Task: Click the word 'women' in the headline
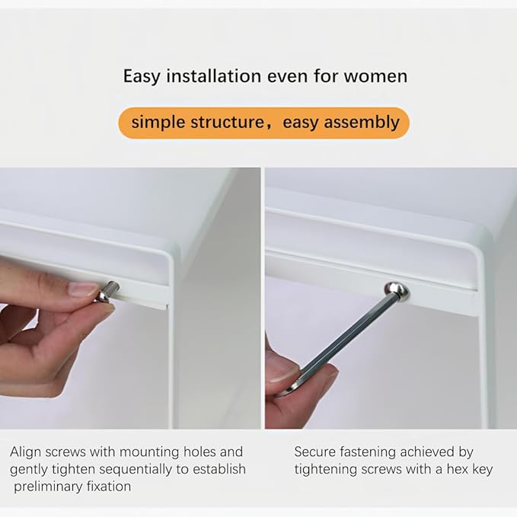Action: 376,76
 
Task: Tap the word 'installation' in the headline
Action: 214,76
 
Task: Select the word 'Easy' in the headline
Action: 142,76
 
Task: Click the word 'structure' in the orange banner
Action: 227,123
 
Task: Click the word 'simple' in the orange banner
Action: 158,123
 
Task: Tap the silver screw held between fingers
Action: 106,291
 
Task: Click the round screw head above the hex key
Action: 397,290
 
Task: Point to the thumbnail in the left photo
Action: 84,289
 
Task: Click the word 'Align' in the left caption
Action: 26,452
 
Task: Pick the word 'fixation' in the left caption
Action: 109,487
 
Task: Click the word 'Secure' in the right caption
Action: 314,452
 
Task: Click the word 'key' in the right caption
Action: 482,470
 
